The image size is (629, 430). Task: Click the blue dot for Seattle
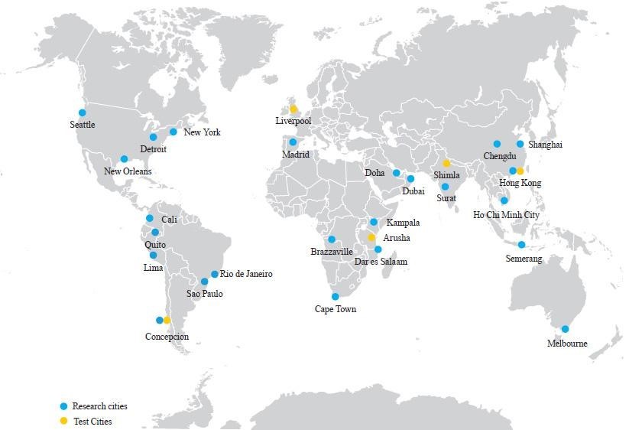click(x=83, y=112)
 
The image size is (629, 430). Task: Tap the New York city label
click(x=202, y=132)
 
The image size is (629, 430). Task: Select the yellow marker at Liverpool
click(x=293, y=109)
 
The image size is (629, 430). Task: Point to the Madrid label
click(x=296, y=155)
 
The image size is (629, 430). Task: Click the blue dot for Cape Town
click(x=335, y=297)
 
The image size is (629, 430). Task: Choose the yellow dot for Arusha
click(x=372, y=238)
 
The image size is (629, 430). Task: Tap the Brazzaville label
click(x=332, y=252)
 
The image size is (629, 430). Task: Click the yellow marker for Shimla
click(x=446, y=164)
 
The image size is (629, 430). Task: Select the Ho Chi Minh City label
click(x=506, y=215)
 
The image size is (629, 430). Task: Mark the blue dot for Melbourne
click(x=565, y=330)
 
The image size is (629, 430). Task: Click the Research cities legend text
click(x=99, y=406)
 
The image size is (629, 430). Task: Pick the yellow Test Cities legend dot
click(x=63, y=421)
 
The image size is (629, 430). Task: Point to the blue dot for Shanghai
click(x=520, y=144)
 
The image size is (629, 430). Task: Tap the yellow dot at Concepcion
click(x=167, y=321)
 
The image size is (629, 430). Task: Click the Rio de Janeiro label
click(x=247, y=274)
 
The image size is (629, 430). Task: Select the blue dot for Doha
click(x=397, y=173)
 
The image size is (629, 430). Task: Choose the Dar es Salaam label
click(x=381, y=262)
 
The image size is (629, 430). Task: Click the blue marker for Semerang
click(x=521, y=245)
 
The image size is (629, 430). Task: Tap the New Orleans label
click(x=128, y=171)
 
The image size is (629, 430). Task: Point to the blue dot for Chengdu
click(x=497, y=144)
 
